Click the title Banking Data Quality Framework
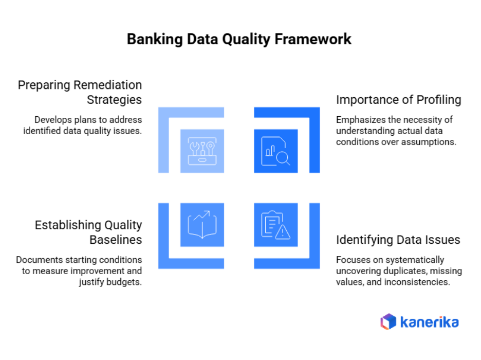pos(239,40)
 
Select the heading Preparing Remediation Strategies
pos(80,92)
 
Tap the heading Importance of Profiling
pos(398,99)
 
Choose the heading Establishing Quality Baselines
pos(88,232)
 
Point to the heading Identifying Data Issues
pos(398,240)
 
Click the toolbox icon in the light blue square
pos(202,151)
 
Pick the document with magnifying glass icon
pos(276,151)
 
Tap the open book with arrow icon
pos(202,225)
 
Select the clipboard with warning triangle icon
pos(276,225)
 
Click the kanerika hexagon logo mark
pos(388,322)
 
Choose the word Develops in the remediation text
pos(52,120)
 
